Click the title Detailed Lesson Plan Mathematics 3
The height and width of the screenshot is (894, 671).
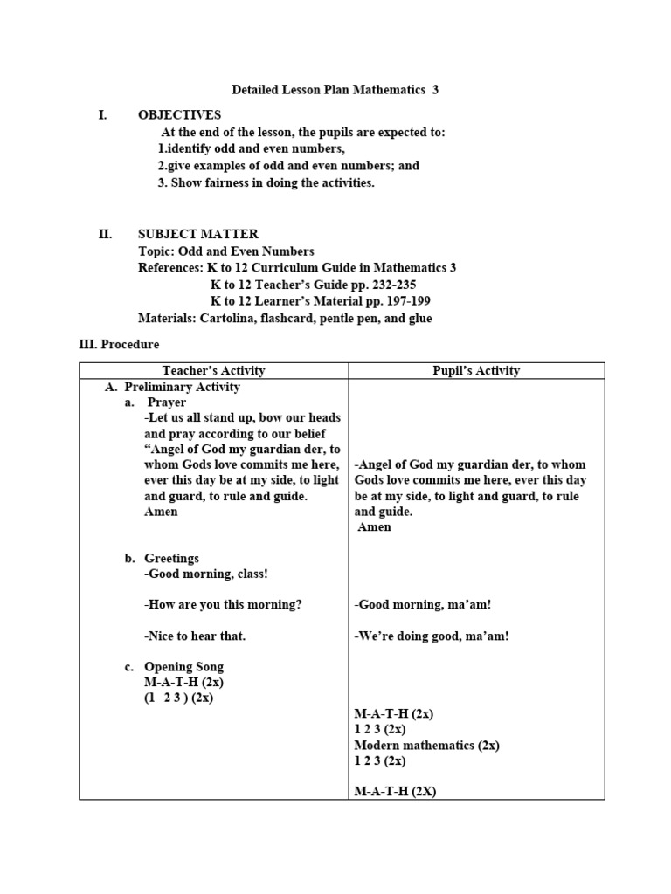pos(335,90)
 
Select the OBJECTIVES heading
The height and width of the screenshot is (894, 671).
pos(179,115)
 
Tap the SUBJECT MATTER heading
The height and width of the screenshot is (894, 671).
pos(197,234)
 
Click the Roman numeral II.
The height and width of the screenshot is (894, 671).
pos(105,234)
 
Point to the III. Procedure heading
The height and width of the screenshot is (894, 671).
pos(119,345)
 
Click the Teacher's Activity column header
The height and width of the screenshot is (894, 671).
pos(213,371)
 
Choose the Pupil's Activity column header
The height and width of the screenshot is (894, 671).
pos(476,371)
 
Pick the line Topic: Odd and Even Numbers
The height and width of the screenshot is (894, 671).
pos(225,251)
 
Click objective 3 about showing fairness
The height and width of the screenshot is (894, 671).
pos(266,183)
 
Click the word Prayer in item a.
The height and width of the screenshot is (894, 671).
pos(166,402)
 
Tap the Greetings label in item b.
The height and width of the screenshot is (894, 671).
pos(171,559)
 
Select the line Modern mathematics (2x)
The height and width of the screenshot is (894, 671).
pos(426,746)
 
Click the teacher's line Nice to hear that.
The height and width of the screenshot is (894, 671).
pos(195,636)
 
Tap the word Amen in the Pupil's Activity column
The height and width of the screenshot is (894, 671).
pos(375,527)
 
